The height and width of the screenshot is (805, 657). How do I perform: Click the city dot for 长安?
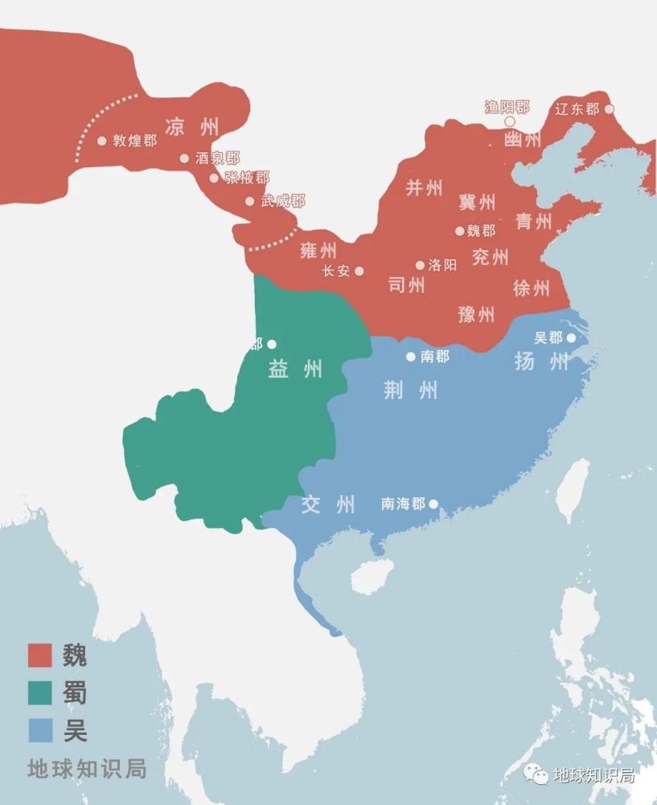pos(359,271)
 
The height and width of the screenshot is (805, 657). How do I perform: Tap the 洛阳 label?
pos(442,265)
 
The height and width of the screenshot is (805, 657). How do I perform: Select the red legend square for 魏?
pos(40,655)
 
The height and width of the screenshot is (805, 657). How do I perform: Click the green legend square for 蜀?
pos(40,693)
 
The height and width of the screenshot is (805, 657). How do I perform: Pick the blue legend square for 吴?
pos(40,731)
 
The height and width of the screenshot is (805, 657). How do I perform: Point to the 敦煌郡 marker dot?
pos(102,140)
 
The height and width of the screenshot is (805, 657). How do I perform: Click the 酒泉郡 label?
pos(217,159)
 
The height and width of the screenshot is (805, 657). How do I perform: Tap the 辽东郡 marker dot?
pos(609,109)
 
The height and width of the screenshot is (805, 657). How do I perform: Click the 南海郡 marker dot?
pos(433,505)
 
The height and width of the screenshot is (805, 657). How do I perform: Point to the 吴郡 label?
pos(548,338)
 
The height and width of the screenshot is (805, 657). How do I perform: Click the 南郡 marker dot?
pos(411,356)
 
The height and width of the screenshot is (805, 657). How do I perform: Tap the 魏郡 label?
pos(481,231)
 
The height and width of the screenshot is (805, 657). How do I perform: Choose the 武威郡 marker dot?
pos(250,201)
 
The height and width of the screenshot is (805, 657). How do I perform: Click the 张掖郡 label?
pos(247,178)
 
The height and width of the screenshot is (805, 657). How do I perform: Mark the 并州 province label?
pos(424,188)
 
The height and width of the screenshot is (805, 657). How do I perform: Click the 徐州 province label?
pos(531,287)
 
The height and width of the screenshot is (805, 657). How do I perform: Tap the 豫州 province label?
pos(476,314)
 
